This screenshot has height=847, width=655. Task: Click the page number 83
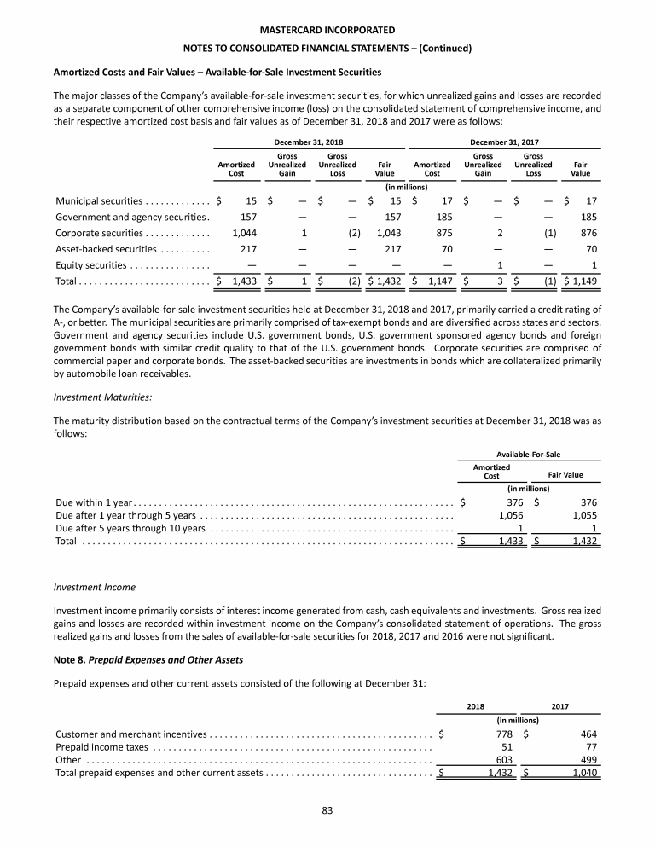point(327,809)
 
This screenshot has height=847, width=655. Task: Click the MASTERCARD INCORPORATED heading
point(327,30)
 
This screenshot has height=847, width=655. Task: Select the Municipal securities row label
point(99,201)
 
